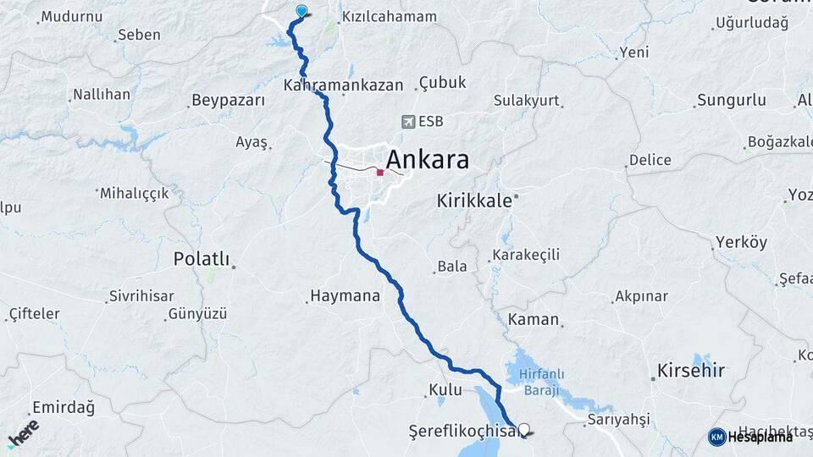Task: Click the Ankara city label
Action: point(428,159)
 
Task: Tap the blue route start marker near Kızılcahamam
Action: point(302,11)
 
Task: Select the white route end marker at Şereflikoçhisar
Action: point(525,430)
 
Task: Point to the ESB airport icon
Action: point(410,122)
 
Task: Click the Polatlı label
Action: point(202,258)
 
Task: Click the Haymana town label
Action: point(345,296)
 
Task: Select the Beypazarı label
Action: point(228,101)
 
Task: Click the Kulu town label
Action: point(445,390)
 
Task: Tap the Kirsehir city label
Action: point(691,372)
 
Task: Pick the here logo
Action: point(23,432)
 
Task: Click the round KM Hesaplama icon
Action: point(716,437)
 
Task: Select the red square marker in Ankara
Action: point(380,173)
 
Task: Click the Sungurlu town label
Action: point(730,101)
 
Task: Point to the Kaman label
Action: point(534,320)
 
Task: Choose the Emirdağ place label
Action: point(63,407)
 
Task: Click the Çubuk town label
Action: point(442,83)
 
